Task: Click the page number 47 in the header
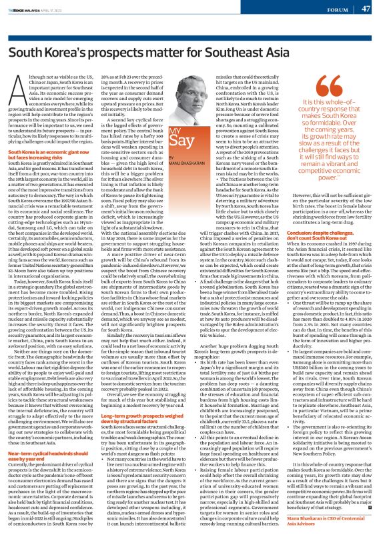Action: [366, 9]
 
